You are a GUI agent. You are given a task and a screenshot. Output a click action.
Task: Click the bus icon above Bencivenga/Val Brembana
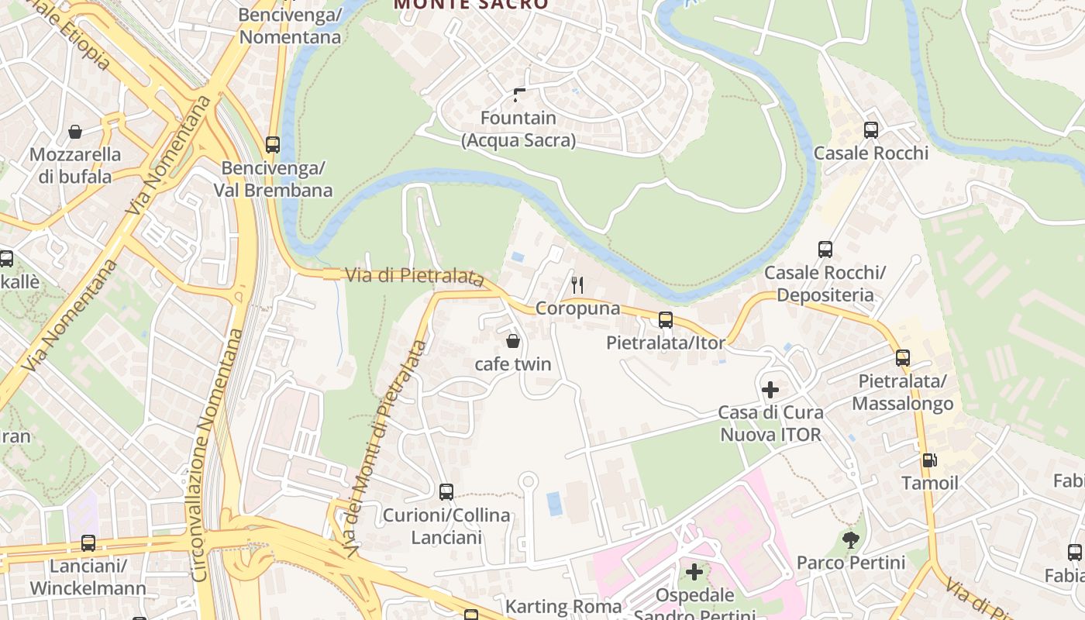[272, 144]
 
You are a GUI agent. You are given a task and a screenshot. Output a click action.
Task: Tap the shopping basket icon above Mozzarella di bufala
[75, 132]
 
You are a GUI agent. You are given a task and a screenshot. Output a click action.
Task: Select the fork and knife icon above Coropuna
[577, 285]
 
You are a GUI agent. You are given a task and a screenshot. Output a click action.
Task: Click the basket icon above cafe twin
[512, 341]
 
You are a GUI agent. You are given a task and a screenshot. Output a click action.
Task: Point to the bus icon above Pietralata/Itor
[665, 319]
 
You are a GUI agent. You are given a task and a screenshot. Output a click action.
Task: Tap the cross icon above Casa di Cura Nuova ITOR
[770, 389]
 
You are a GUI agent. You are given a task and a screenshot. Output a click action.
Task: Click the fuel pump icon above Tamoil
[929, 460]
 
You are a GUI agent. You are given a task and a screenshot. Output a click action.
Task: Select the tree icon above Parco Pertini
[851, 539]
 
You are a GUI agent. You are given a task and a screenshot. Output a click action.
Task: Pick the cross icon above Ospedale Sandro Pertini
[694, 572]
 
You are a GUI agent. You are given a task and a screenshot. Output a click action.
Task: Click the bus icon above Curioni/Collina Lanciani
[446, 491]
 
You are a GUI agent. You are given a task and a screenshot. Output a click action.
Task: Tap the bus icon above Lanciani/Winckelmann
[88, 543]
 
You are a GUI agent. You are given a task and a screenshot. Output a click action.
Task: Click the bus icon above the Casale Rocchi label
[870, 130]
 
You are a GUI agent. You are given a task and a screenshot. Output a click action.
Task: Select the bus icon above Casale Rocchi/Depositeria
[825, 250]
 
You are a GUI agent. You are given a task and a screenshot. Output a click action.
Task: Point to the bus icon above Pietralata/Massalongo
[902, 358]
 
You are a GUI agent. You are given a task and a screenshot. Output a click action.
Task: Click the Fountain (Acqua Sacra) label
[518, 129]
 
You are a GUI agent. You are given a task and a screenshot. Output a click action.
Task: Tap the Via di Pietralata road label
[415, 276]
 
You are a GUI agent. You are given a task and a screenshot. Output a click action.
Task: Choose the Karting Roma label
[563, 606]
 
